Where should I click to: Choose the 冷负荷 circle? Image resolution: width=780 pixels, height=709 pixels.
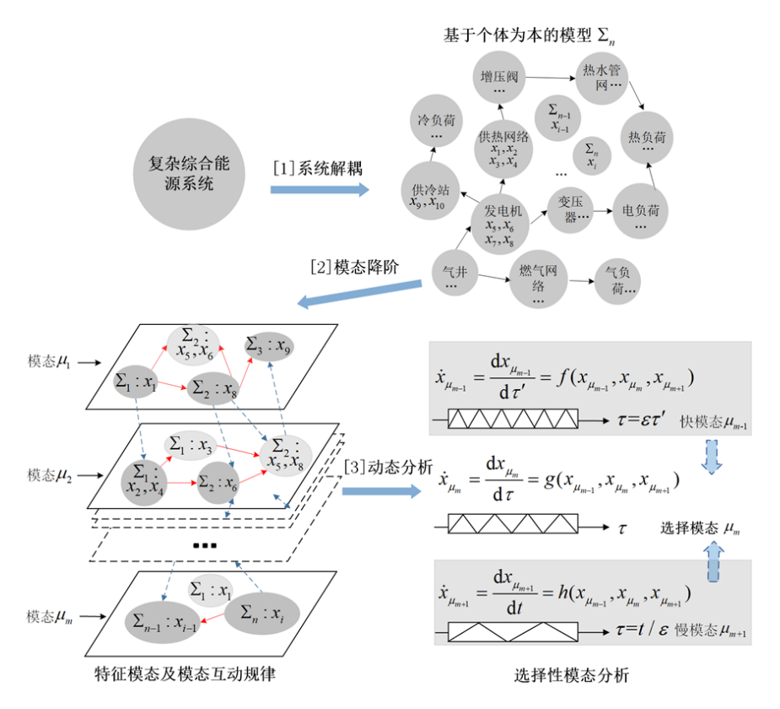(436, 127)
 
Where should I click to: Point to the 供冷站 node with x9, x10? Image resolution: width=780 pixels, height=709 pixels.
(429, 195)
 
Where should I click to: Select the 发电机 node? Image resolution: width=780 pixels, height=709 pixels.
(504, 223)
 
